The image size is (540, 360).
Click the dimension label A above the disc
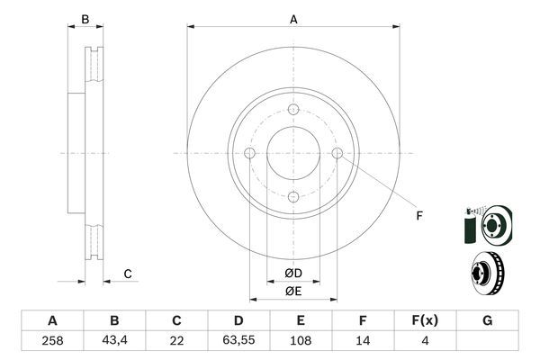pyautogui.click(x=293, y=18)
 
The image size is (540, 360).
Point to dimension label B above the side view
pyautogui.click(x=85, y=18)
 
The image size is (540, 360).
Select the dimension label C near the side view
pyautogui.click(x=128, y=274)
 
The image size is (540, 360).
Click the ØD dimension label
pyautogui.click(x=293, y=273)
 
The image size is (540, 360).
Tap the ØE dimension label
pyautogui.click(x=293, y=291)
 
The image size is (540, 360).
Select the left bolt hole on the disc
pyautogui.click(x=249, y=153)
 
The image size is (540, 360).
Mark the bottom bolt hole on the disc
pyautogui.click(x=293, y=197)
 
